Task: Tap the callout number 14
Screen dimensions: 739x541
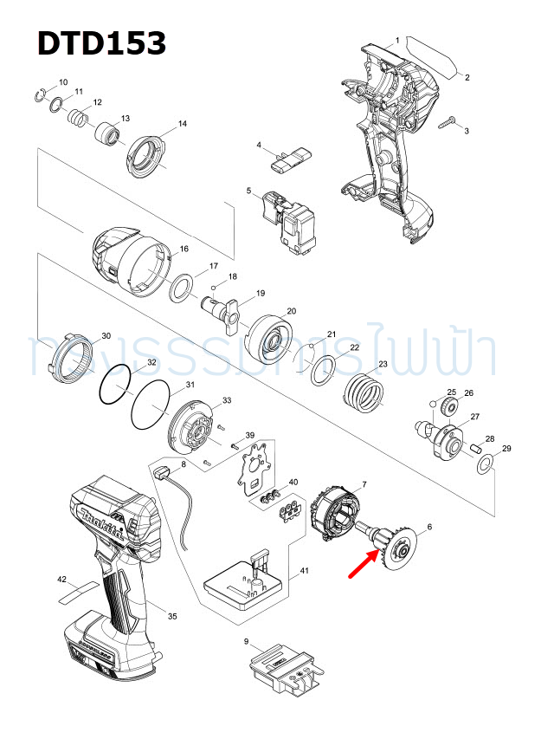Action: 183,125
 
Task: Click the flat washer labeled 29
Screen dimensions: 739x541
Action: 485,465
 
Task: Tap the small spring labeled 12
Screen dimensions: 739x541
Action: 79,119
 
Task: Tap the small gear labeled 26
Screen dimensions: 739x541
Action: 448,407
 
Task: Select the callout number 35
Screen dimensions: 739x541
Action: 172,617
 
